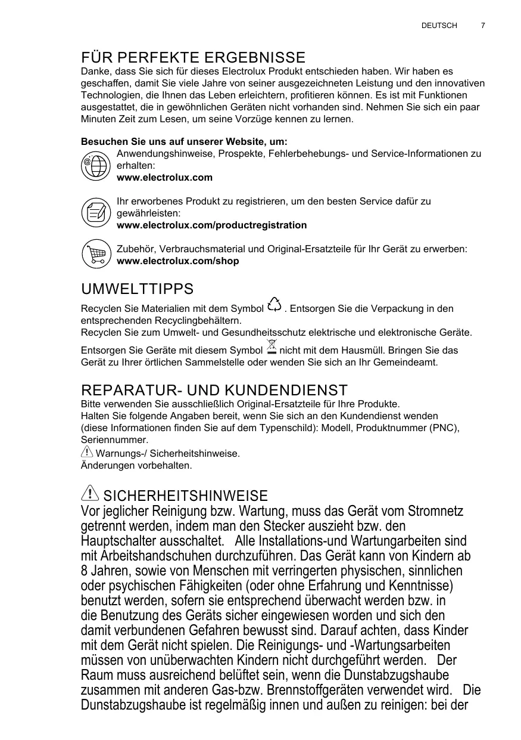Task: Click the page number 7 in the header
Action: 483,26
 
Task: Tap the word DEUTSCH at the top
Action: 439,26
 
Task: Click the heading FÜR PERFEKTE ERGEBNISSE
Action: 193,58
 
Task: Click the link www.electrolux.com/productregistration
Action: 212,225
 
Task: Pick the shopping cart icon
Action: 95,255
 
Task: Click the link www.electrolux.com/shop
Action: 178,261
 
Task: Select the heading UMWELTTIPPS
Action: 137,290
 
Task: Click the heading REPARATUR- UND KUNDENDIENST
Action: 214,391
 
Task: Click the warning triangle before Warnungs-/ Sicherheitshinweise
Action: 86,453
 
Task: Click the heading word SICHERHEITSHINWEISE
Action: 185,496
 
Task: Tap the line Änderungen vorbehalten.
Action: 136,465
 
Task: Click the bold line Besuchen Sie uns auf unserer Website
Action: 184,142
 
